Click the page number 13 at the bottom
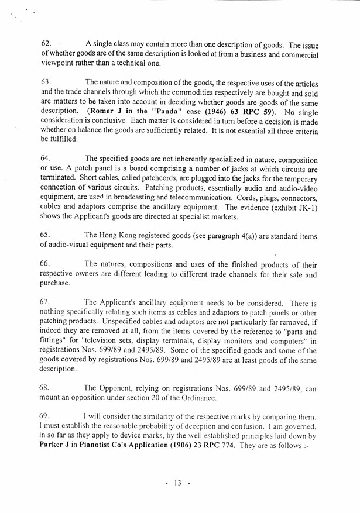tap(178, 483)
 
